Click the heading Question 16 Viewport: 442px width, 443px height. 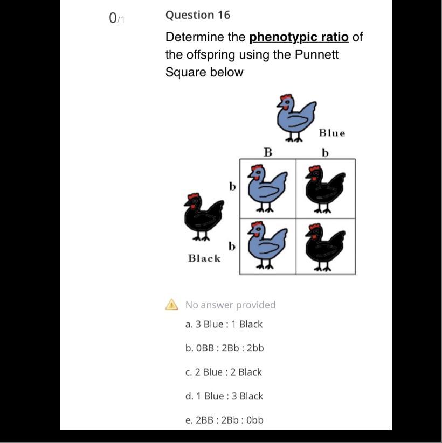[197, 15]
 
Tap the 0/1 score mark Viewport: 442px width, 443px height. [116, 19]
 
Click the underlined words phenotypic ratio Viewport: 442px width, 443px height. [299, 37]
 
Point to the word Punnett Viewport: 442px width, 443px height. [316, 54]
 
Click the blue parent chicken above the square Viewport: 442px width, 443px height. [296, 118]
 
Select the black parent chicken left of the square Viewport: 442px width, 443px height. [203, 217]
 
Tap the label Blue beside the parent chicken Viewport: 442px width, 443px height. [332, 133]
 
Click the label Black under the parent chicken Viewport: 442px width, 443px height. [204, 258]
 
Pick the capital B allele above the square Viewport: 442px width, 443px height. [268, 152]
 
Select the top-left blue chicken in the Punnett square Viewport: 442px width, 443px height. [267, 188]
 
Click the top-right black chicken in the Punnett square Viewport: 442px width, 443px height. [325, 189]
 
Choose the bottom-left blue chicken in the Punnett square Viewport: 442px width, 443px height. [267, 245]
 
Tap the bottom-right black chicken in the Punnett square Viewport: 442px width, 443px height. [325, 247]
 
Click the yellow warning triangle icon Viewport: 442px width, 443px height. [172, 305]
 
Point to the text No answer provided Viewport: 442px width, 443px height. [230, 305]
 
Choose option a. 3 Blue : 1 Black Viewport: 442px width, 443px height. [224, 324]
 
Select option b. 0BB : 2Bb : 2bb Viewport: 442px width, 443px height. [225, 348]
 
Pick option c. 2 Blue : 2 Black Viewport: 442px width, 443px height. [224, 372]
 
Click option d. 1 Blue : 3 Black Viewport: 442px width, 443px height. [224, 396]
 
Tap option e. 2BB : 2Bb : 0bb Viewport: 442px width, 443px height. [224, 420]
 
